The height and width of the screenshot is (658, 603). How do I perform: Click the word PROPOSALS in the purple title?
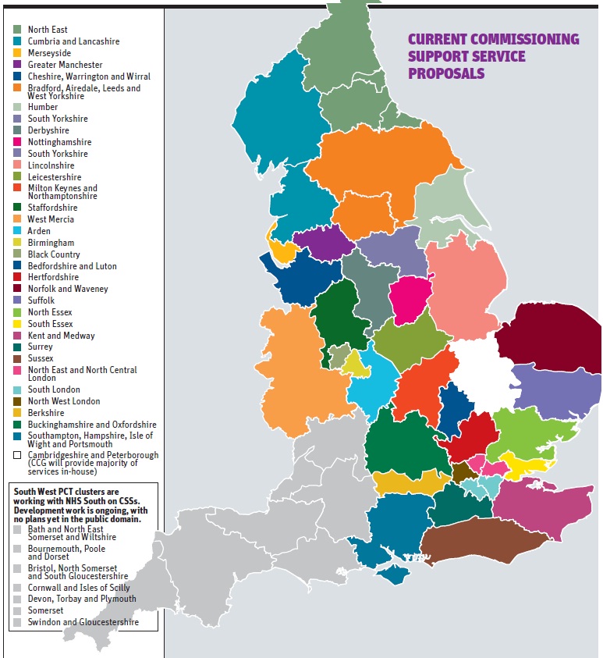446,74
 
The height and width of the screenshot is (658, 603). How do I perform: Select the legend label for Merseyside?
50,53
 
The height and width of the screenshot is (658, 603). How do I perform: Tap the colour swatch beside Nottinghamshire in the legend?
17,142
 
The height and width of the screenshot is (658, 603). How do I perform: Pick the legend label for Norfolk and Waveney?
68,289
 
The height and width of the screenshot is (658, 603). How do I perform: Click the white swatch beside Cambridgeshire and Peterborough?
17,455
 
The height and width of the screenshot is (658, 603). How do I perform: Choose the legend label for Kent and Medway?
61,336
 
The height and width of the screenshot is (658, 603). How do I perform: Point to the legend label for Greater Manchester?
65,65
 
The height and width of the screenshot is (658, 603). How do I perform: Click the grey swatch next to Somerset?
17,610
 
